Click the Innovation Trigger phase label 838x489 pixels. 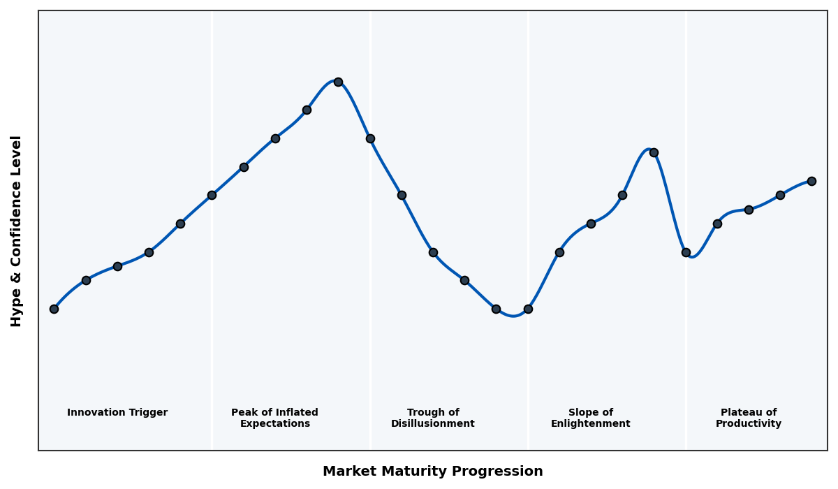click(x=117, y=413)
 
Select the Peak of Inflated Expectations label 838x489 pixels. click(x=274, y=418)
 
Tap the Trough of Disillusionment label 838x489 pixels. click(x=432, y=418)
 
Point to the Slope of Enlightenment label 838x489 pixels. click(x=590, y=418)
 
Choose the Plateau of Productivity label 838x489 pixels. click(x=748, y=418)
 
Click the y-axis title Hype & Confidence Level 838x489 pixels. click(x=17, y=231)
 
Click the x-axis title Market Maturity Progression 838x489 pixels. click(x=432, y=472)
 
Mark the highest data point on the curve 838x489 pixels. click(x=338, y=82)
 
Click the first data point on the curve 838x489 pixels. click(x=54, y=309)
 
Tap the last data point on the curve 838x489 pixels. click(x=811, y=181)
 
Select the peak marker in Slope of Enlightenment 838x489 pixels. click(x=654, y=152)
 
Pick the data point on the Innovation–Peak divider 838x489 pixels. click(x=212, y=195)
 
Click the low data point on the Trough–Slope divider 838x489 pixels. click(x=528, y=309)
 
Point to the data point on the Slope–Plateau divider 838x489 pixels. click(x=686, y=252)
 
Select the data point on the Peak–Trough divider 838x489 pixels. click(x=370, y=138)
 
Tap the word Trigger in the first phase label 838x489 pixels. click(x=147, y=413)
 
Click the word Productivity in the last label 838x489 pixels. click(x=748, y=424)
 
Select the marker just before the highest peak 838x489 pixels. click(x=307, y=110)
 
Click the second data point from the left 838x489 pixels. click(x=86, y=280)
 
